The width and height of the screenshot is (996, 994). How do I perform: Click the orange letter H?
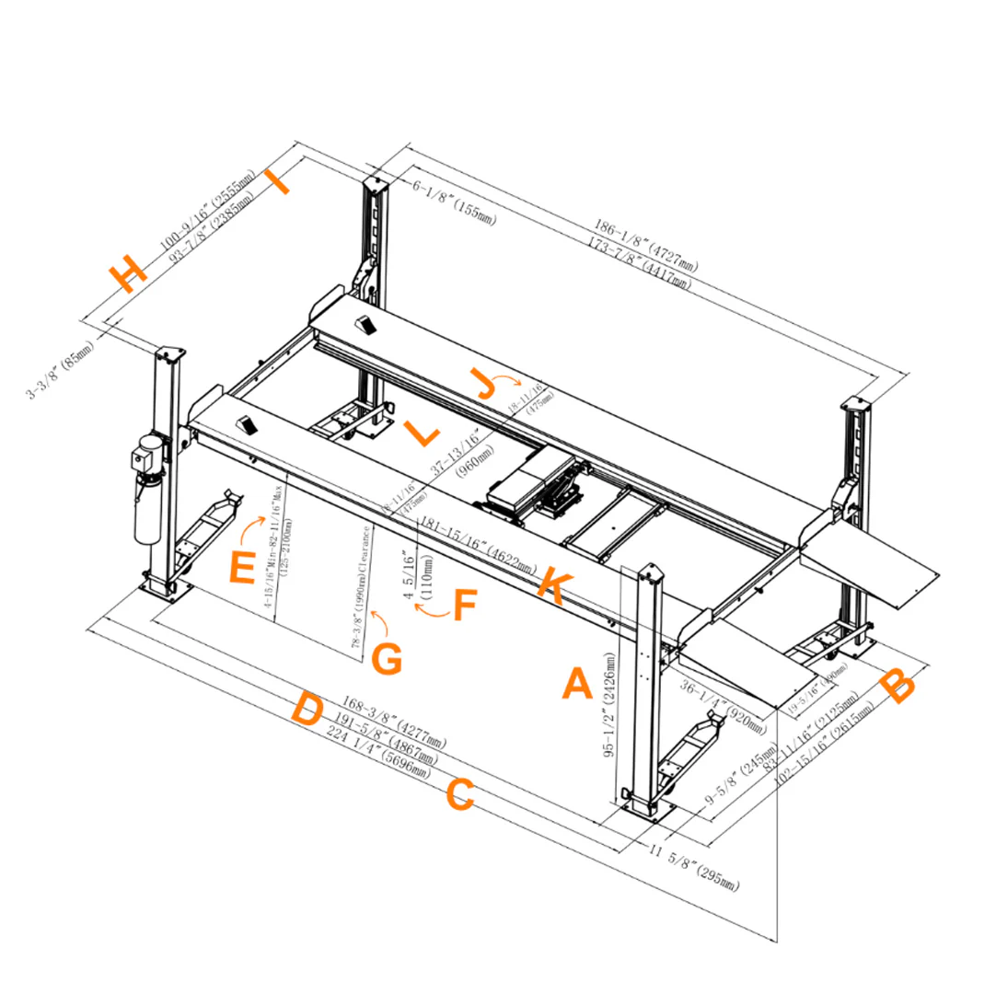coord(127,272)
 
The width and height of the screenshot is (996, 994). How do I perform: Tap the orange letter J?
coord(482,382)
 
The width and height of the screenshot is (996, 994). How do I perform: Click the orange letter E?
coord(241,568)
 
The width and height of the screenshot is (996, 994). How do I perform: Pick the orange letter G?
coord(387,658)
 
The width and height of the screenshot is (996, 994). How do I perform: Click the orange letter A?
coord(576,684)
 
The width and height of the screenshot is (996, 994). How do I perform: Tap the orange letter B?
coord(898,686)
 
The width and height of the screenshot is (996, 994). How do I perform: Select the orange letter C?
coord(460,795)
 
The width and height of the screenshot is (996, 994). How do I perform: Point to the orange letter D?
coord(307,710)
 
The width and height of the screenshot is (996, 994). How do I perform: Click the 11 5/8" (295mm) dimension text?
coord(694,865)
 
